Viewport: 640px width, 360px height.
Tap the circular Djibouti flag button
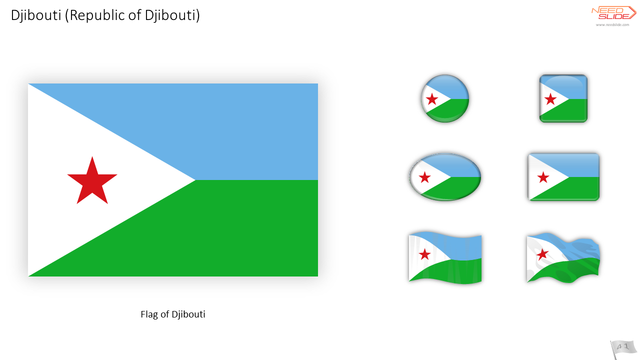tap(445, 98)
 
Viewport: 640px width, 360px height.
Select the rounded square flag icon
tap(563, 98)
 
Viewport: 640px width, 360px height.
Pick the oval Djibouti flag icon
tap(445, 177)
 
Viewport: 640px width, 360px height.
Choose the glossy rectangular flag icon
tap(563, 177)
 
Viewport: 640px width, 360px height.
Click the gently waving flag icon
tap(445, 257)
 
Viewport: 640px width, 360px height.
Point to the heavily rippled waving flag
tap(563, 257)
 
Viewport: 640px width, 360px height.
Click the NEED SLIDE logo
tap(613, 13)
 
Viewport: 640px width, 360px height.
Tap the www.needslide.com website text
tap(612, 25)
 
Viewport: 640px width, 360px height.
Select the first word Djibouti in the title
tap(36, 15)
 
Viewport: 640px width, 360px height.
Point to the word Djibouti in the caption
tap(188, 315)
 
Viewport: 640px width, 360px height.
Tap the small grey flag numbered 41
tap(623, 349)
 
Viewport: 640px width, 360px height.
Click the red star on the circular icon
tap(431, 99)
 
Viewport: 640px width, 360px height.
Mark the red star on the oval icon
tap(424, 177)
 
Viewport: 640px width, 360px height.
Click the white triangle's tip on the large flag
tap(195, 180)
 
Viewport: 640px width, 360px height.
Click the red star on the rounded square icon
tap(550, 99)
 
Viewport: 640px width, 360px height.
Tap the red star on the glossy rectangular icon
tap(543, 177)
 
